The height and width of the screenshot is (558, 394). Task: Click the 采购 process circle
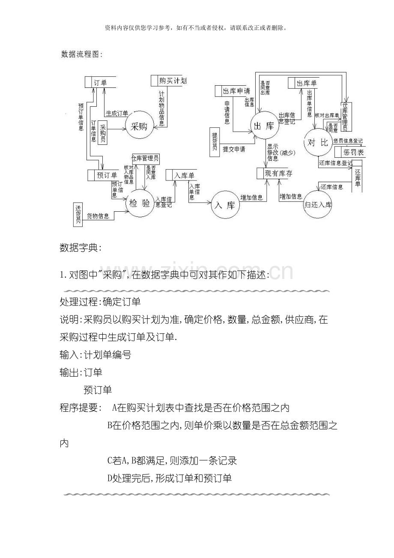click(139, 126)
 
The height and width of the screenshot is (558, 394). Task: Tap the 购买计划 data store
click(169, 81)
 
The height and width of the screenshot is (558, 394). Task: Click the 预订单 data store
click(103, 175)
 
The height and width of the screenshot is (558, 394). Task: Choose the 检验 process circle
click(140, 203)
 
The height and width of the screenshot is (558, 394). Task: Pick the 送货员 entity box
click(78, 214)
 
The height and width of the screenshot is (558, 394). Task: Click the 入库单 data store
click(181, 175)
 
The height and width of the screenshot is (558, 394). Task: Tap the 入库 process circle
click(225, 205)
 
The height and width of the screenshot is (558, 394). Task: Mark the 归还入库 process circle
click(317, 204)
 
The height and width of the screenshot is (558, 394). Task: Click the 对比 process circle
click(317, 142)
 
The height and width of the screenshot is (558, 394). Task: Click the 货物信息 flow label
click(98, 216)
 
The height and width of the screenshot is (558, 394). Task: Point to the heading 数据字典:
click(81, 248)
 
